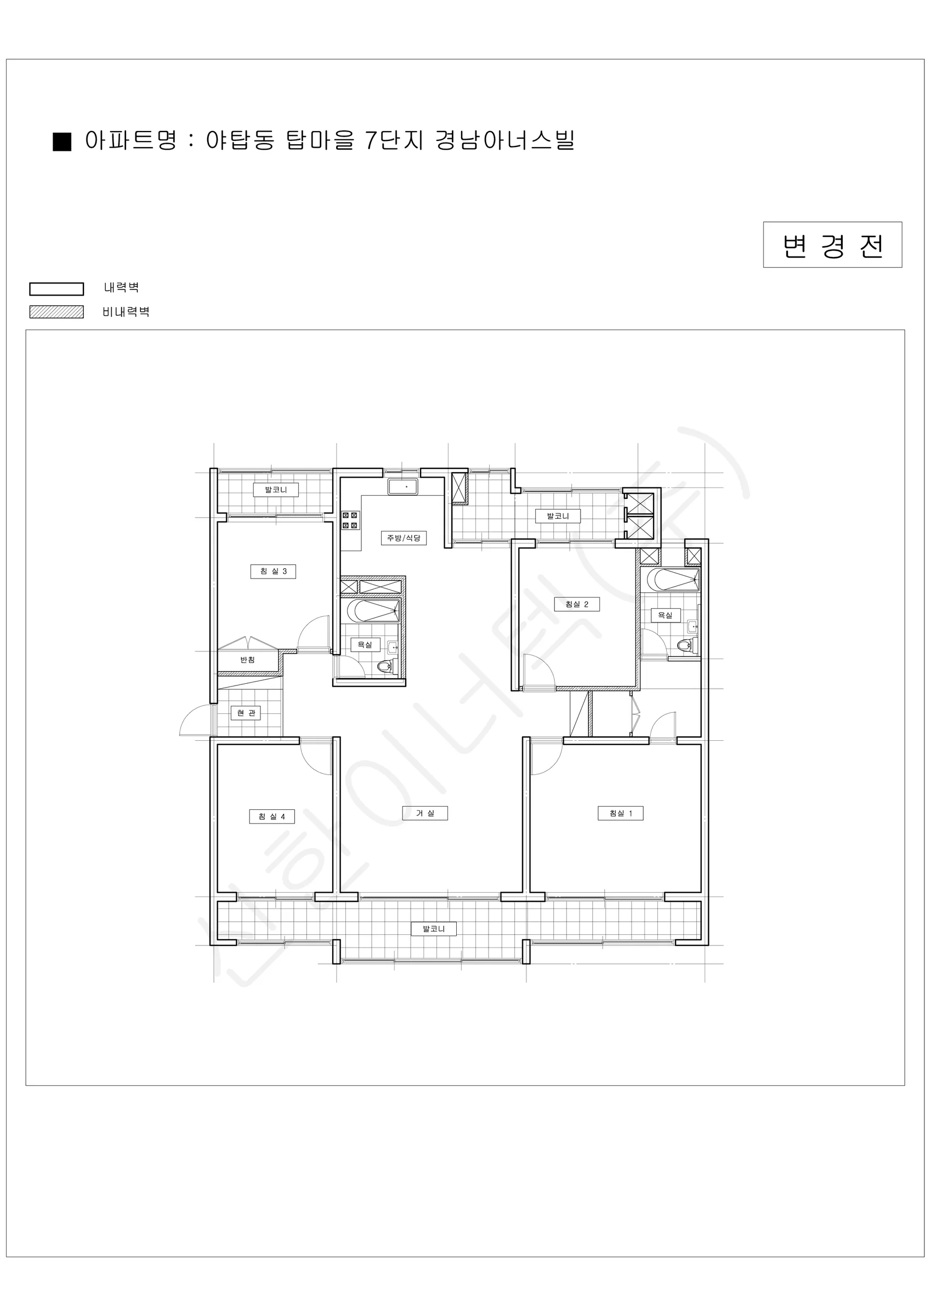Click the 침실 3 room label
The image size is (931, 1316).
pyautogui.click(x=273, y=571)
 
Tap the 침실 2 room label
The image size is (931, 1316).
pyautogui.click(x=577, y=604)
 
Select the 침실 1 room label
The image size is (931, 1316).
pyautogui.click(x=620, y=813)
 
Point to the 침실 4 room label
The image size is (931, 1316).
pyautogui.click(x=272, y=817)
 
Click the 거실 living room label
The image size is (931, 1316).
pyautogui.click(x=425, y=813)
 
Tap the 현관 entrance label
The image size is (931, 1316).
pyautogui.click(x=246, y=713)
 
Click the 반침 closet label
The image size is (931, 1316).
pyautogui.click(x=248, y=660)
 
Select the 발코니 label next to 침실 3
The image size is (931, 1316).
pyautogui.click(x=276, y=490)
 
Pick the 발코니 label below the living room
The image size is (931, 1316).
pyautogui.click(x=433, y=929)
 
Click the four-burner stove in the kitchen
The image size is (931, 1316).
pyautogui.click(x=350, y=521)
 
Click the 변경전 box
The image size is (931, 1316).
pyautogui.click(x=832, y=245)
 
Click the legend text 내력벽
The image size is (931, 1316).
pyautogui.click(x=122, y=288)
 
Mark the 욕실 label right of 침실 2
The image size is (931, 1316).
pyautogui.click(x=665, y=616)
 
